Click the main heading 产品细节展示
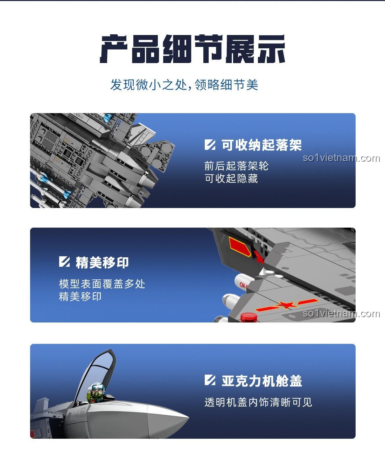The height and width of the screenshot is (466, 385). (192, 49)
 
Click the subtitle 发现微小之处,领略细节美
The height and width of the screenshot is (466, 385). (184, 85)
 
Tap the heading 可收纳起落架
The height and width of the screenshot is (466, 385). (261, 145)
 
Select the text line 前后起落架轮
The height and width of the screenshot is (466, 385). (236, 166)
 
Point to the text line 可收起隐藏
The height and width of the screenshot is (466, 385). (231, 179)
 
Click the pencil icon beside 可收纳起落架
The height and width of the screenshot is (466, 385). (210, 145)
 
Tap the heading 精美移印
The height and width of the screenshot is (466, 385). (102, 262)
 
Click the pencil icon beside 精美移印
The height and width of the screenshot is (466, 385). (64, 262)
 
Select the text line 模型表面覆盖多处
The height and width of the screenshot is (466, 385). (102, 284)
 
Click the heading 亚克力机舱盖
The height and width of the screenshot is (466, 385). (261, 381)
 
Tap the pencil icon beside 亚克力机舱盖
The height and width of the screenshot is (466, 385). (210, 380)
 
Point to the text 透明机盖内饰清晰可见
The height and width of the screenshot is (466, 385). (258, 402)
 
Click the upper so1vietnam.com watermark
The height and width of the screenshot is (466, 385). (341, 158)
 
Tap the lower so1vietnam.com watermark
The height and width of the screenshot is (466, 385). (341, 313)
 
